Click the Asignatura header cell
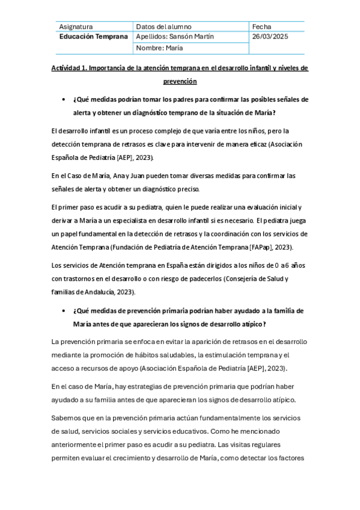tap(76, 26)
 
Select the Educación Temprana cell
tap(93, 37)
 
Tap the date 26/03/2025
tap(270, 37)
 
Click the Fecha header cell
tap(262, 26)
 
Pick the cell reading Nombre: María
tap(160, 48)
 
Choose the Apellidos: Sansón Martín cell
tap(175, 37)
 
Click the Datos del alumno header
tap(163, 26)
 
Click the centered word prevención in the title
tap(180, 81)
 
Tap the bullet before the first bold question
tap(63, 99)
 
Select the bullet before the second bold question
tap(63, 311)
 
